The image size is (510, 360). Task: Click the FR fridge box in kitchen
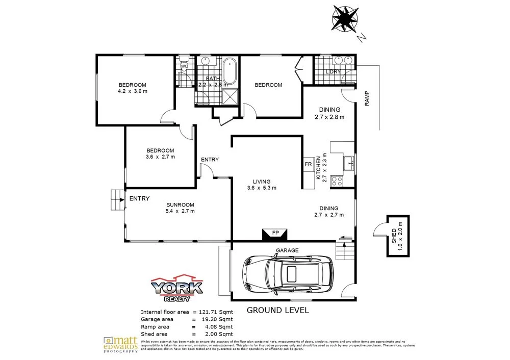(308, 164)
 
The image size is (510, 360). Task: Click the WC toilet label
(185, 66)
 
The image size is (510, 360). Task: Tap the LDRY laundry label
(333, 72)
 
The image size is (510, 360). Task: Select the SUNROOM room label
(180, 204)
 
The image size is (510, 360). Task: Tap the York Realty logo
(177, 288)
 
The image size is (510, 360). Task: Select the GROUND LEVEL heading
(278, 310)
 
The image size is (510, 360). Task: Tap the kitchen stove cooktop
(337, 180)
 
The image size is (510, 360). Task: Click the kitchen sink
(349, 164)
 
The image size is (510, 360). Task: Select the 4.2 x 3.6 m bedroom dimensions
(132, 92)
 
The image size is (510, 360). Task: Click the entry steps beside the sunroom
(117, 199)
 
